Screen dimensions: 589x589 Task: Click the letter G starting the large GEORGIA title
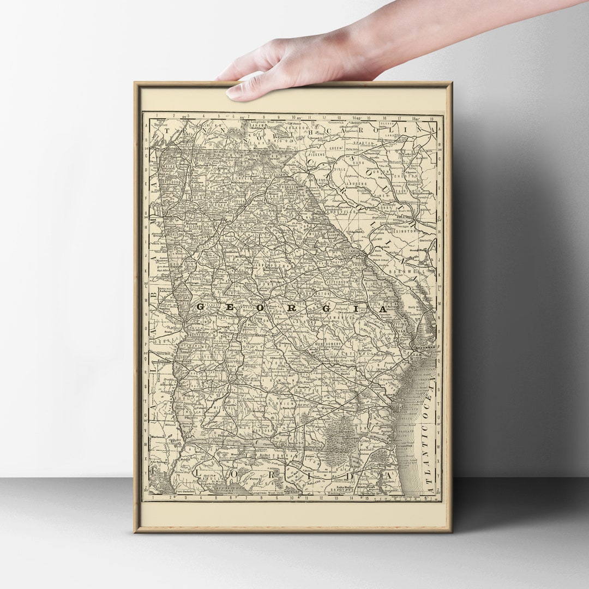pyautogui.click(x=200, y=307)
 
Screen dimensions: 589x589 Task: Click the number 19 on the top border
pyautogui.click(x=431, y=117)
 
